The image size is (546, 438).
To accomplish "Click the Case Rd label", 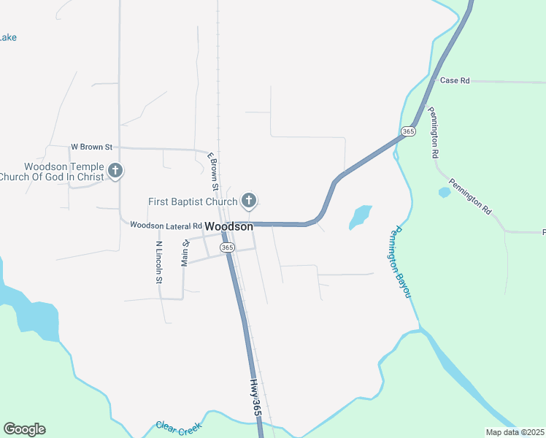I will [455, 80].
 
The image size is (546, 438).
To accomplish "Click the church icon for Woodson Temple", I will [115, 172].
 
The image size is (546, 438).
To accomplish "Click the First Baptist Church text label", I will [192, 201].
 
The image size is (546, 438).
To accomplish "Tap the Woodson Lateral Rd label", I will [166, 226].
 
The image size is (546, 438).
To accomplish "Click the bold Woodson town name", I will [229, 227].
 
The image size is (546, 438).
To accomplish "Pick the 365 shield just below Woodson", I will [227, 247].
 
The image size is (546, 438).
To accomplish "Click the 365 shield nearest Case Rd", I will [408, 131].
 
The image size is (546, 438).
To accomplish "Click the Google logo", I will [24, 429].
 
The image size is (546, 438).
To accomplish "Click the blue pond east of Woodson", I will [361, 216].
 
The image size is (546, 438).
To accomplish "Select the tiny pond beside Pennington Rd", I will [445, 193].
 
